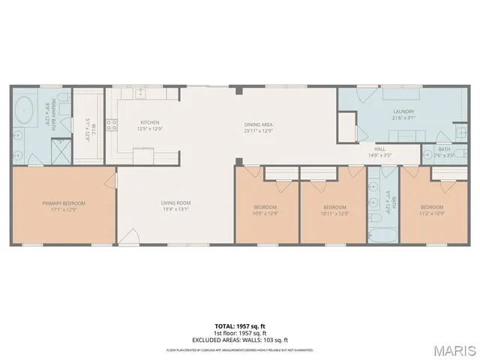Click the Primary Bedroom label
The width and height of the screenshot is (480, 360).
(x=63, y=203)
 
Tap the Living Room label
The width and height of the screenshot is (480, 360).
(x=176, y=203)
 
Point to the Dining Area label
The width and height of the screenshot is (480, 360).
(x=257, y=124)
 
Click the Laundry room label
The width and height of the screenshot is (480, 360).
(x=403, y=112)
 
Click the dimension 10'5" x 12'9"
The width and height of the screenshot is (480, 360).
(x=265, y=212)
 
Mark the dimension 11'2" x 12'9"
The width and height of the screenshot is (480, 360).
(x=431, y=212)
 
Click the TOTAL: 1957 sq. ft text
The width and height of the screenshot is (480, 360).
(x=239, y=326)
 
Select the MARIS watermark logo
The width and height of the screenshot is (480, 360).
(x=451, y=349)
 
